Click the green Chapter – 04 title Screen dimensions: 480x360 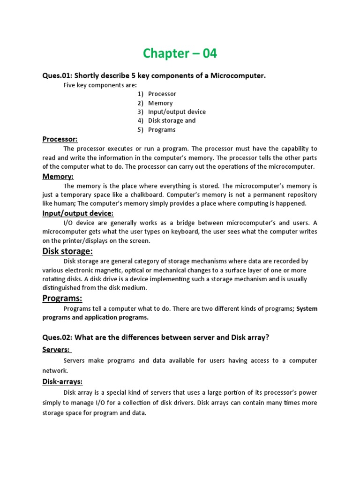(x=180, y=53)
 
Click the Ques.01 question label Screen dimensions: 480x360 (x=57, y=76)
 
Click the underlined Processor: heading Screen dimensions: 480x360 (x=60, y=139)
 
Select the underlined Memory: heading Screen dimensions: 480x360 (x=58, y=176)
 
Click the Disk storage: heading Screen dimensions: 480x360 (x=67, y=251)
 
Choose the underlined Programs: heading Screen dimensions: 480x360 (x=62, y=298)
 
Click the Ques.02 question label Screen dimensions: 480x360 (x=57, y=337)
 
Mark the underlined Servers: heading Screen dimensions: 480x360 (x=56, y=350)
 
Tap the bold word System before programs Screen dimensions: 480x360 (x=307, y=308)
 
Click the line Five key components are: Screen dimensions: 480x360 (x=100, y=85)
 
